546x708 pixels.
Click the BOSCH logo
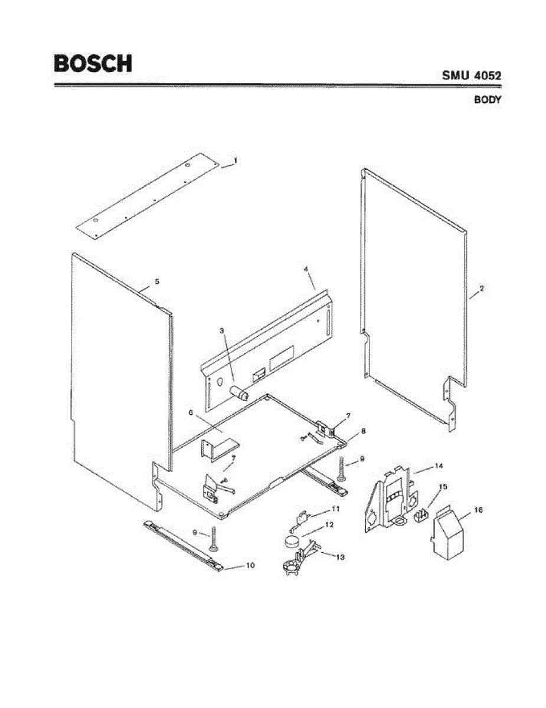[x=93, y=63]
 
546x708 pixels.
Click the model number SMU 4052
[x=471, y=76]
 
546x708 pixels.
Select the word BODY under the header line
[x=488, y=100]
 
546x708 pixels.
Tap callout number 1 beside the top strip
[x=235, y=160]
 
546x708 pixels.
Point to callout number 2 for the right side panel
[x=482, y=289]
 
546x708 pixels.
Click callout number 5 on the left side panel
[x=157, y=282]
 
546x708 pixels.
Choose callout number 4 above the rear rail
[x=306, y=269]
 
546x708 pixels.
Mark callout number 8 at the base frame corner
[x=363, y=431]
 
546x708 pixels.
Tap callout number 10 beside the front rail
[x=250, y=565]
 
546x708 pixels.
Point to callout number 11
[x=335, y=508]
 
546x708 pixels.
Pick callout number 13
[x=340, y=556]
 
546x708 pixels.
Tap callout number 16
[x=478, y=509]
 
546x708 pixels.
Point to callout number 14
[x=439, y=466]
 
